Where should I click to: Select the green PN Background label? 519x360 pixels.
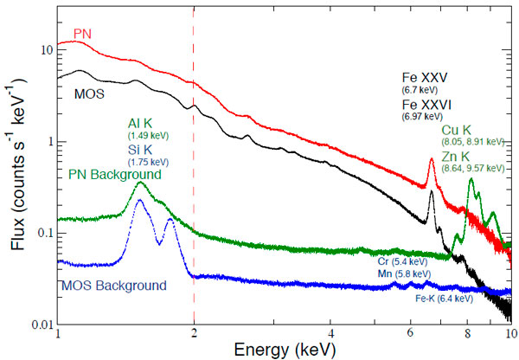click(x=116, y=174)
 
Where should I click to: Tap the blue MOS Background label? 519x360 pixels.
click(x=112, y=285)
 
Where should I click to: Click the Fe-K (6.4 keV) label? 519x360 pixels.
click(x=444, y=299)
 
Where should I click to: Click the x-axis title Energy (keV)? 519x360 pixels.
click(x=282, y=349)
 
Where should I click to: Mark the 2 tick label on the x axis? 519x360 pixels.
click(x=195, y=333)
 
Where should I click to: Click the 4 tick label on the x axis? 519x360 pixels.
click(x=331, y=333)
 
